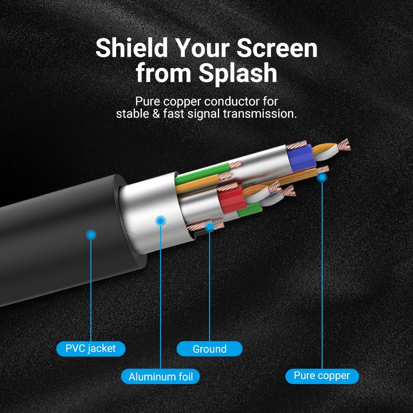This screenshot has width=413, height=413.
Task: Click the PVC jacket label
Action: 91,349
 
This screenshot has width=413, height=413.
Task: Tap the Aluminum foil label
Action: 161,376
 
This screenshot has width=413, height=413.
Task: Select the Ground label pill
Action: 210,349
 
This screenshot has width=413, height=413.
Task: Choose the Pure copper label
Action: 322,376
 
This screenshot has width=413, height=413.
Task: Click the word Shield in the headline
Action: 132,48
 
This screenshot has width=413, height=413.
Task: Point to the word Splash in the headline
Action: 238,72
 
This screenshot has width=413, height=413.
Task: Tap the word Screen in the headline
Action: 277,48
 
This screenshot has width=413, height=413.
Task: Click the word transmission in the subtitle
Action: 260,114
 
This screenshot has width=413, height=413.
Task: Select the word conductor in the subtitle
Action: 232,101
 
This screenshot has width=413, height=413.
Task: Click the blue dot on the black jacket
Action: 91,235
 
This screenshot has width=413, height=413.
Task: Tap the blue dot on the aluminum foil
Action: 161,221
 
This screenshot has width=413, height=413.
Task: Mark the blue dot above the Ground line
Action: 210,227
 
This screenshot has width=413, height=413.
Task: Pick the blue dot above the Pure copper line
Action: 322,177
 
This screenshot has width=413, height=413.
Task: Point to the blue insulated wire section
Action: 301,157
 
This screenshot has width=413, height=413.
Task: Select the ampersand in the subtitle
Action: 156,114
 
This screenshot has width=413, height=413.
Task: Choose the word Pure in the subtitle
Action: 148,102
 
